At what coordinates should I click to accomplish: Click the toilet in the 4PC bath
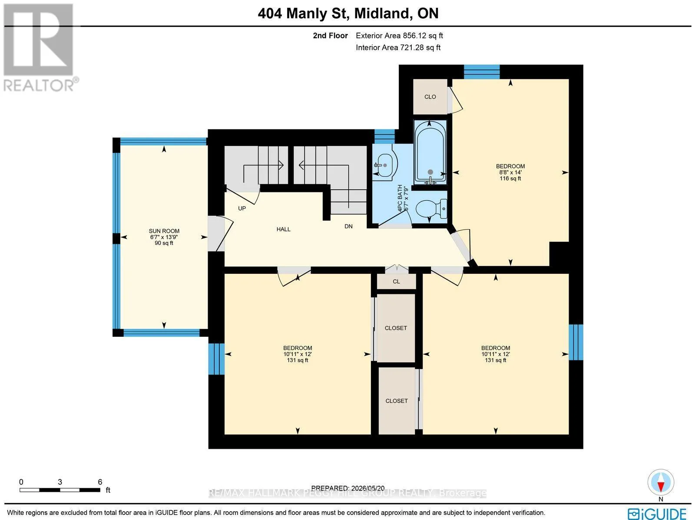tap(431, 209)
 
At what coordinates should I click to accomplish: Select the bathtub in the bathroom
tap(430, 152)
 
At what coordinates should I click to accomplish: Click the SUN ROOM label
tap(164, 231)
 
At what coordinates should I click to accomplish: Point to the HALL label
tap(283, 229)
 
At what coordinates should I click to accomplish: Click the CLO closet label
tap(430, 97)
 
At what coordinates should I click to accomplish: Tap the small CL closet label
tap(396, 282)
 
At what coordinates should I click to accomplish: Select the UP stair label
tap(242, 208)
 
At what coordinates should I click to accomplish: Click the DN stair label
tap(348, 226)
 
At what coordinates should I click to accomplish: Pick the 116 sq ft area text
tap(510, 178)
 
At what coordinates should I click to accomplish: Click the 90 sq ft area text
tap(164, 243)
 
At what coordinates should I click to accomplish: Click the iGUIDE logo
tap(657, 513)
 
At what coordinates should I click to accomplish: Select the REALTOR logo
tap(39, 47)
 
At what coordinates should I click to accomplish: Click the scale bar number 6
tap(100, 482)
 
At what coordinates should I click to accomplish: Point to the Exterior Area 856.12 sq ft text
tap(399, 36)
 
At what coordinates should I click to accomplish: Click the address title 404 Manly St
tap(302, 13)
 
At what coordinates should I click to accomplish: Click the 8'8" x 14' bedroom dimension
tap(510, 172)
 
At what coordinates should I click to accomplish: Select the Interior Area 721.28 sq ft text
tap(398, 47)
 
